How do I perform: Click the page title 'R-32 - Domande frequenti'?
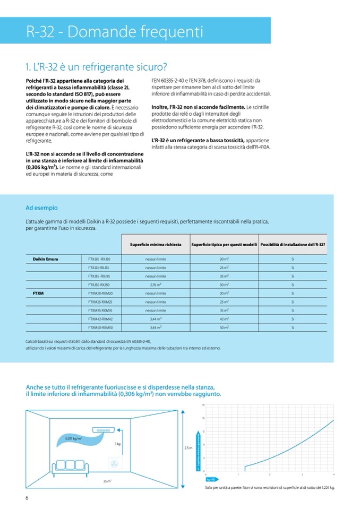[x=115, y=32]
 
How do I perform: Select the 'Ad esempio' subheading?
[x=41, y=208]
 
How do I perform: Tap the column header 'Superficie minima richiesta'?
[x=156, y=245]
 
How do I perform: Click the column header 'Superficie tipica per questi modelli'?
[x=224, y=245]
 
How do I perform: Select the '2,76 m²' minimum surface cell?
[x=156, y=284]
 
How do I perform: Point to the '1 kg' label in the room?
[x=117, y=443]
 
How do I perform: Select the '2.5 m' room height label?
[x=187, y=448]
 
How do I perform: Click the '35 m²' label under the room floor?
[x=107, y=481]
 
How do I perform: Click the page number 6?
[x=27, y=497]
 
